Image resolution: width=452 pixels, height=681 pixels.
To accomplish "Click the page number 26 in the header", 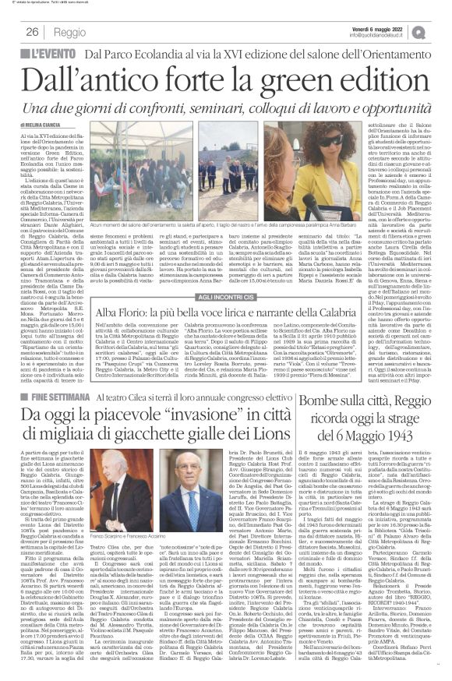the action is pyautogui.click(x=33, y=31).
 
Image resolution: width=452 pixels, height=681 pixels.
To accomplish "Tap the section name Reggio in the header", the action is pyautogui.click(x=69, y=32).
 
